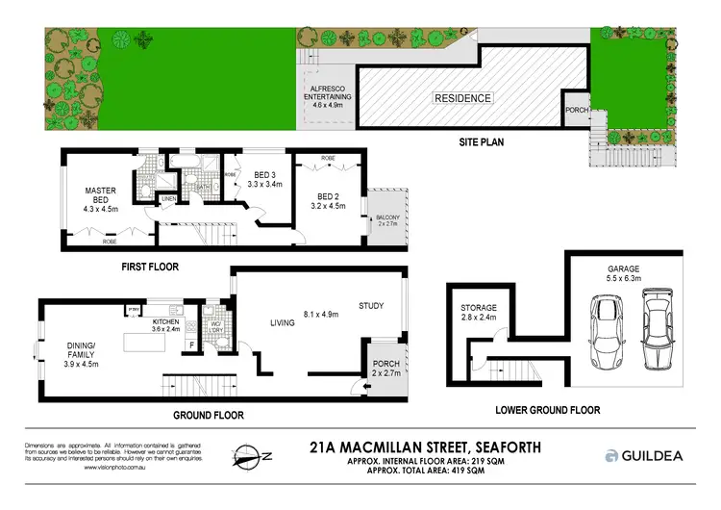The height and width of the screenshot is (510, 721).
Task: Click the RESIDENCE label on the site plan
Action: coord(462,98)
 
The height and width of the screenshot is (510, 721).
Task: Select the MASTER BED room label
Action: coord(99,196)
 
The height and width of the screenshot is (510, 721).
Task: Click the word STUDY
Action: coord(371,307)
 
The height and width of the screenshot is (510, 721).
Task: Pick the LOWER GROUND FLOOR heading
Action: coord(548,410)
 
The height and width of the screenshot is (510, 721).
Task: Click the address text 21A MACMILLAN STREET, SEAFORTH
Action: coord(426,447)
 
